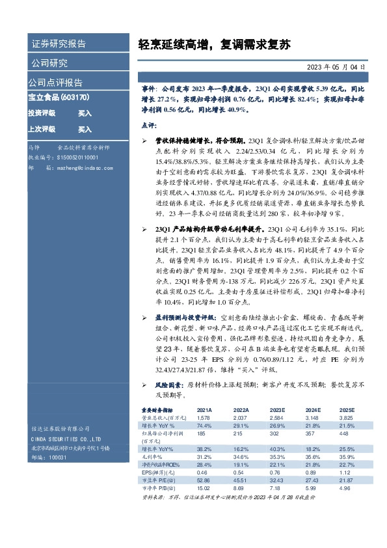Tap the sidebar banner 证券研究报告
point(59,44)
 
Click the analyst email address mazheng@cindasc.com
point(76,167)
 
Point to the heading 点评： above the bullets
point(149,124)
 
